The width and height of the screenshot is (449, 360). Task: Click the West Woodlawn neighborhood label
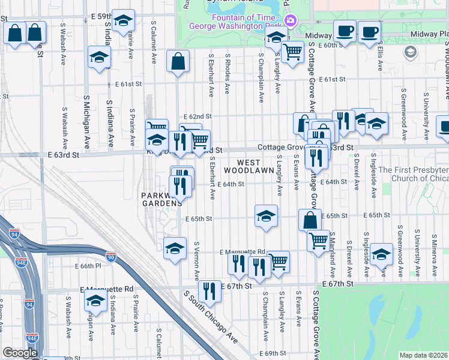pos(249,166)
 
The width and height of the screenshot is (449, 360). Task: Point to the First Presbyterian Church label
pos(414,174)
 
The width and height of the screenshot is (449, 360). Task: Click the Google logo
pos(20,353)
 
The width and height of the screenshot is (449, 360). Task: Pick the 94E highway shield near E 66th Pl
pos(20,262)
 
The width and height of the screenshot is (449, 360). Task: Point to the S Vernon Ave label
pos(196,261)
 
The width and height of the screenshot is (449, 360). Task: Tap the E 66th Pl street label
pos(88,265)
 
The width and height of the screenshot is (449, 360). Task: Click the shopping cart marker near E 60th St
pos(292,52)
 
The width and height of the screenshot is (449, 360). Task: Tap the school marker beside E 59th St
pos(123,22)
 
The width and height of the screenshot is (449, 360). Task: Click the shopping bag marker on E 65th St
pos(310,220)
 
